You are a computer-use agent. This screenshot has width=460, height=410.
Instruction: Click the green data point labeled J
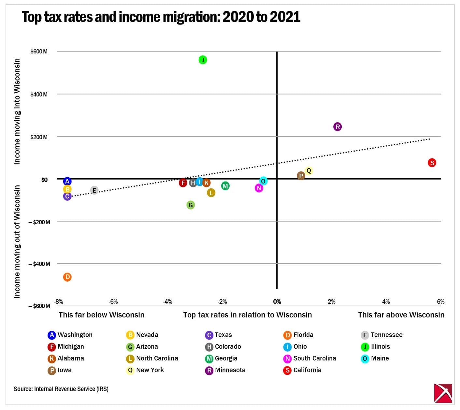203,60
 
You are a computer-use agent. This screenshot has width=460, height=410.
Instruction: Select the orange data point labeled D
67,277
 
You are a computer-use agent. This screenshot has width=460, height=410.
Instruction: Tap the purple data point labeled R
338,127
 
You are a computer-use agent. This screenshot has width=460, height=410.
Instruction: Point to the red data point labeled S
432,163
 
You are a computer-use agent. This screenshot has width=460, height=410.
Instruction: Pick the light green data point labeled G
191,205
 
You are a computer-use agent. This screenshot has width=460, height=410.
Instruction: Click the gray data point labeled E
94,190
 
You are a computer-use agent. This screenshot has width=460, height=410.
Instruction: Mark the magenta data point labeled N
259,188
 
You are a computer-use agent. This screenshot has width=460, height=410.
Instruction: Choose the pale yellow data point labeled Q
309,170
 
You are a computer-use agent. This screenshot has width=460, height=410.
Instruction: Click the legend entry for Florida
299,335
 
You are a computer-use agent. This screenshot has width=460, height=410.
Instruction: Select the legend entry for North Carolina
152,359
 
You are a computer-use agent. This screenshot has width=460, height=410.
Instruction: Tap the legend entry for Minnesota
225,370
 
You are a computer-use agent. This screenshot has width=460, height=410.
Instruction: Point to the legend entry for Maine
375,359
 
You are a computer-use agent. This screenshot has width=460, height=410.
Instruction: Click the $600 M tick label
39,51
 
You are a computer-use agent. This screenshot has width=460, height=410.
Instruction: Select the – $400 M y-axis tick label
39,264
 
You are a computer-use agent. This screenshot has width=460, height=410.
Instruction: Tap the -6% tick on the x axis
113,301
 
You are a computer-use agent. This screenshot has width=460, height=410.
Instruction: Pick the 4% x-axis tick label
386,301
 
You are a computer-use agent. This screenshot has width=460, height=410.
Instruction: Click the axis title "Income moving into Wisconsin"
17,111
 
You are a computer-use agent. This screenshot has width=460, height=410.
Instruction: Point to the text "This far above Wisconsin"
401,315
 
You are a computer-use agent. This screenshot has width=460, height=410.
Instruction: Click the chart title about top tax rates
161,17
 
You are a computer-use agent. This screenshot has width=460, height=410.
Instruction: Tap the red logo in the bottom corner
443,393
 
